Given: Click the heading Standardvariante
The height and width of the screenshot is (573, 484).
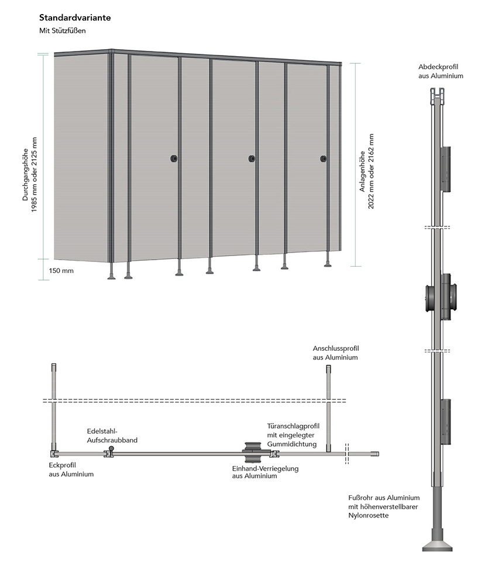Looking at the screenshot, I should click(x=74, y=18).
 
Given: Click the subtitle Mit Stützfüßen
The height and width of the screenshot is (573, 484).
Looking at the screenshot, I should click(x=63, y=31).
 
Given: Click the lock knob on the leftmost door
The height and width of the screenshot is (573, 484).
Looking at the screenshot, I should click(x=174, y=158).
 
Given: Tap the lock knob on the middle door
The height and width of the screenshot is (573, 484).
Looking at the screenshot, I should click(x=252, y=158).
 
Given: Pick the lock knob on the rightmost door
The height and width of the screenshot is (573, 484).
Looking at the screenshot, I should click(x=323, y=158).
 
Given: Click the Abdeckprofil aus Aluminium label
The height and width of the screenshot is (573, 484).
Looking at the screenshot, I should click(x=440, y=71).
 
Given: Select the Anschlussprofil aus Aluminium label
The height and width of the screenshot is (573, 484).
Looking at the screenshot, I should click(x=335, y=353).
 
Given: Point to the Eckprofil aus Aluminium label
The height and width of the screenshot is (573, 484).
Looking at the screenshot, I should click(x=71, y=470).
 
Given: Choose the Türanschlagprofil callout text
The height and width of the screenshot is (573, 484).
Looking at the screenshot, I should click(x=291, y=436).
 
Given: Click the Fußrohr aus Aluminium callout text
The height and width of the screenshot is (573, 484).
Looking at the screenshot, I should click(x=383, y=506).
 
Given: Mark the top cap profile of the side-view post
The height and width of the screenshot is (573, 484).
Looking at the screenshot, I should click(x=437, y=96).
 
